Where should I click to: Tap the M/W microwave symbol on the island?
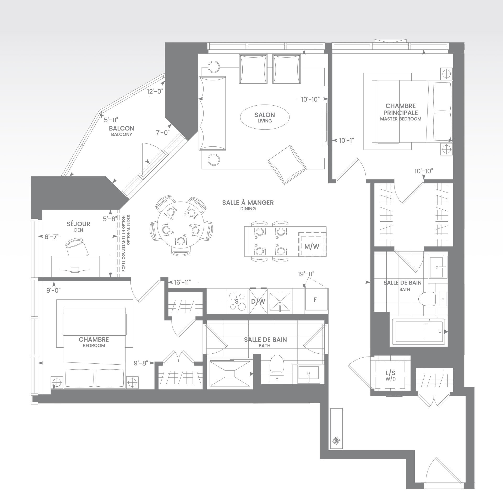tap(312, 247)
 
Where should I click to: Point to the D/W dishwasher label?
tap(258, 302)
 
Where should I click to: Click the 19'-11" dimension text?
tap(306, 274)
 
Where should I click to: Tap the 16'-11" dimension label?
tap(182, 282)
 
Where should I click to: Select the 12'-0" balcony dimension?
tap(155, 91)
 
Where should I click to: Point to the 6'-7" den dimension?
tap(51, 237)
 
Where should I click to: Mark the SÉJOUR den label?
tap(79, 224)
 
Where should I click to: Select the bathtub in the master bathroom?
tap(419, 332)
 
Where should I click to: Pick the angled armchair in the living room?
tap(287, 164)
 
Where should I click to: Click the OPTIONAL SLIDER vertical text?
tap(128, 230)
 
